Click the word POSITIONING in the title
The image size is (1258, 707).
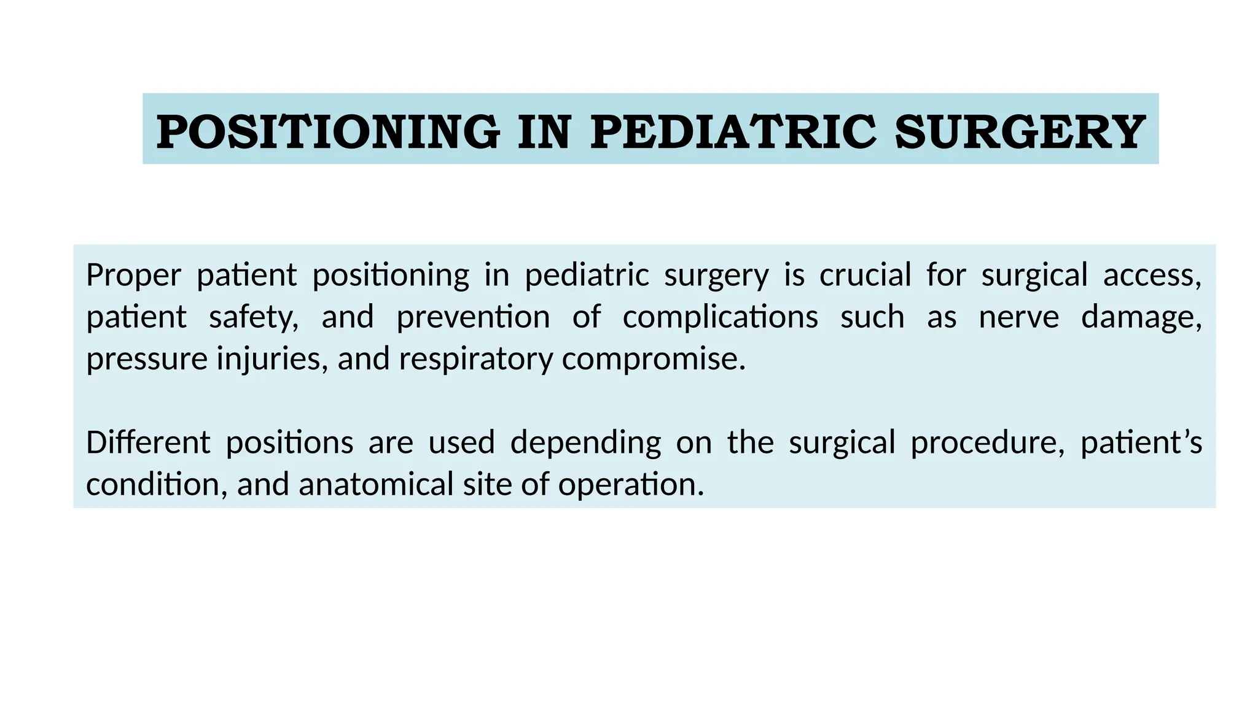point(328,132)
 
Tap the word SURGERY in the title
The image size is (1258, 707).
point(1020,132)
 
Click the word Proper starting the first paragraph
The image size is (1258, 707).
point(133,276)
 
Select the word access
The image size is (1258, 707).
point(1152,276)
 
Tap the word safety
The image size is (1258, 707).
point(253,318)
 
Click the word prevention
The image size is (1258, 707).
point(473,317)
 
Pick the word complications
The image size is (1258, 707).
point(720,318)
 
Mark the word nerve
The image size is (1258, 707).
point(1018,318)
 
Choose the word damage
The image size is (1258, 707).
point(1141,318)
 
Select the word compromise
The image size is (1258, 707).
point(653,360)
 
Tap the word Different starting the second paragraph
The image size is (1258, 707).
point(148,442)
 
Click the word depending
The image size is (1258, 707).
point(585,443)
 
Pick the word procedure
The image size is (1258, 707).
point(987,443)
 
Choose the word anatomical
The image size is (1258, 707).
point(376,484)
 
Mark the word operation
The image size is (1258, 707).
point(631,485)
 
